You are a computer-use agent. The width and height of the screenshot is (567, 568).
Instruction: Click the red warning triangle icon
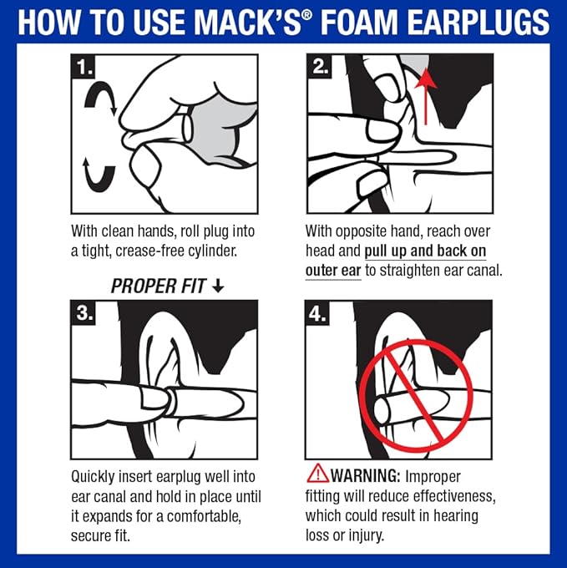pyautogui.click(x=317, y=474)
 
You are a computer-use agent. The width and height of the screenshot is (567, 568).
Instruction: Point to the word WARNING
pyautogui.click(x=368, y=474)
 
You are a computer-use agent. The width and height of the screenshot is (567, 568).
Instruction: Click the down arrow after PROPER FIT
pyautogui.click(x=219, y=286)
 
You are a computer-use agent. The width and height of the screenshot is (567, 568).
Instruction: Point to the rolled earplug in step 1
pyautogui.click(x=188, y=128)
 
